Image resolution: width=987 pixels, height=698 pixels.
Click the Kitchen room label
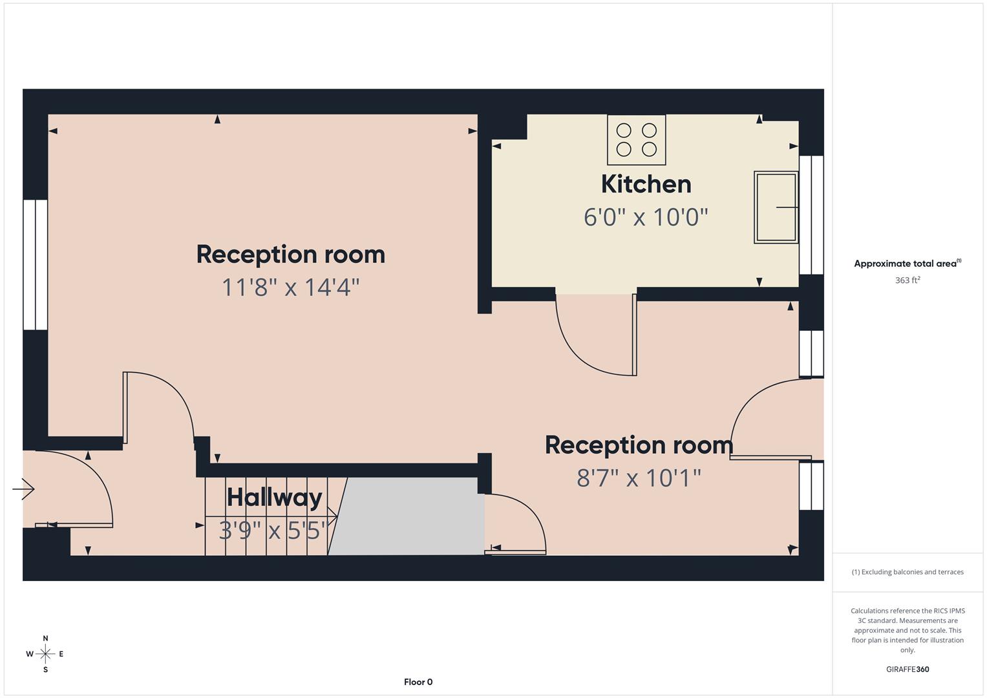pos(646,184)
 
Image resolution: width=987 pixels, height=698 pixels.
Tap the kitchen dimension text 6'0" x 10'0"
pos(646,217)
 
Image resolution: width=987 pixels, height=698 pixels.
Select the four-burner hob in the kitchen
pos(636,140)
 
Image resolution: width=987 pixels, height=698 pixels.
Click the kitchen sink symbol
pos(776,207)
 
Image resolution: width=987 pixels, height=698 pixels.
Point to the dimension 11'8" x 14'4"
pos(290,287)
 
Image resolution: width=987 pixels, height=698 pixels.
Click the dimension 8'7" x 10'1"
pos(639,478)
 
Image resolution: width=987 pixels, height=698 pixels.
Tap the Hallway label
pos(274,498)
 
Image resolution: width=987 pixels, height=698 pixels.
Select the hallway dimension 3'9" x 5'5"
pos(272,531)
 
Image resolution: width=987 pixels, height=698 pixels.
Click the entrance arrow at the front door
pos(23,489)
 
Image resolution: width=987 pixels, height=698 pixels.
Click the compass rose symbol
pos(45,654)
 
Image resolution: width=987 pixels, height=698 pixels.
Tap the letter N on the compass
pos(45,639)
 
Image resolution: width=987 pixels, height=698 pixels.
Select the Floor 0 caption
pos(418,682)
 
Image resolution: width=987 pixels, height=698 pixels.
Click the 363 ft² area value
pos(907,280)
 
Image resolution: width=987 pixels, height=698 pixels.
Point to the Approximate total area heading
pos(907,264)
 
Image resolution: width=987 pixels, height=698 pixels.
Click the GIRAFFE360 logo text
pos(907,670)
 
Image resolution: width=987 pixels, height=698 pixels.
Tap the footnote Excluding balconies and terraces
pos(907,572)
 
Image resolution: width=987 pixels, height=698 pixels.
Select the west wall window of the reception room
pos(36,265)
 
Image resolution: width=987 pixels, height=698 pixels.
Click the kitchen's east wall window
pos(811,215)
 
